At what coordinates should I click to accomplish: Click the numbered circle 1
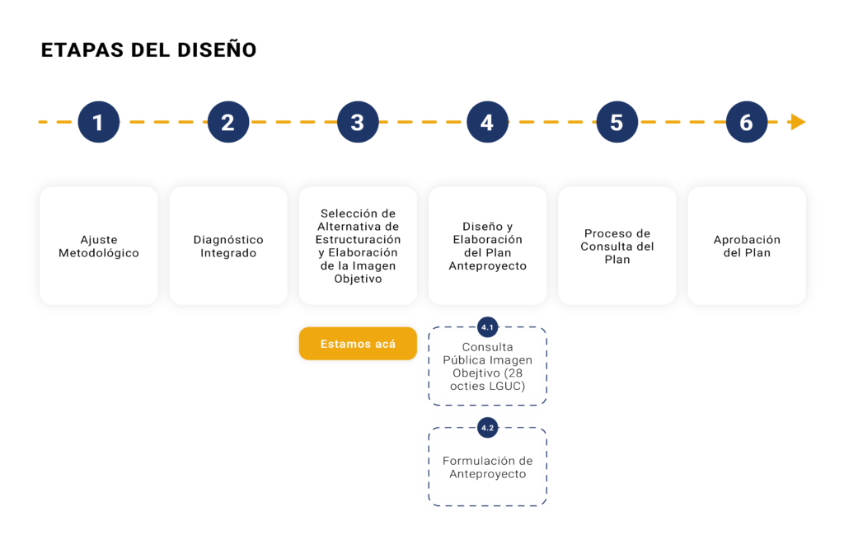click(99, 122)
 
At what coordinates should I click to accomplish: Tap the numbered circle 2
click(228, 122)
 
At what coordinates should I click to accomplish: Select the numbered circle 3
click(358, 122)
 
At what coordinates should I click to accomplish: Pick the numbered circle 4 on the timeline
click(488, 122)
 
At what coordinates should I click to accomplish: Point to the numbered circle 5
click(617, 122)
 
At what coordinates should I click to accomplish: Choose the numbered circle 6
click(747, 122)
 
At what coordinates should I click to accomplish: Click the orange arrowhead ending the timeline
click(798, 122)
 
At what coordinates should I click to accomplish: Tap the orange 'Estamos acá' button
click(358, 344)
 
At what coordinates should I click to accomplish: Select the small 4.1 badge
click(488, 327)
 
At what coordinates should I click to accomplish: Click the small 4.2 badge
click(488, 428)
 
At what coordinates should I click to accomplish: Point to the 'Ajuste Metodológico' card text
click(99, 246)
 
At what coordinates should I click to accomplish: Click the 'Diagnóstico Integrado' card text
click(228, 246)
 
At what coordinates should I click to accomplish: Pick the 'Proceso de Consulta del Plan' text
click(617, 246)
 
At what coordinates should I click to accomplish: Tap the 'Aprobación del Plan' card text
click(747, 246)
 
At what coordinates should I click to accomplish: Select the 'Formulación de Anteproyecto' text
click(488, 467)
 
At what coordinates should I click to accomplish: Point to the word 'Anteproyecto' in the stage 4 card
click(488, 265)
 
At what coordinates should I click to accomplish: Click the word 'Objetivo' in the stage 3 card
click(358, 279)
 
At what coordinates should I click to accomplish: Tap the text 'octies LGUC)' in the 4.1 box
click(488, 386)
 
